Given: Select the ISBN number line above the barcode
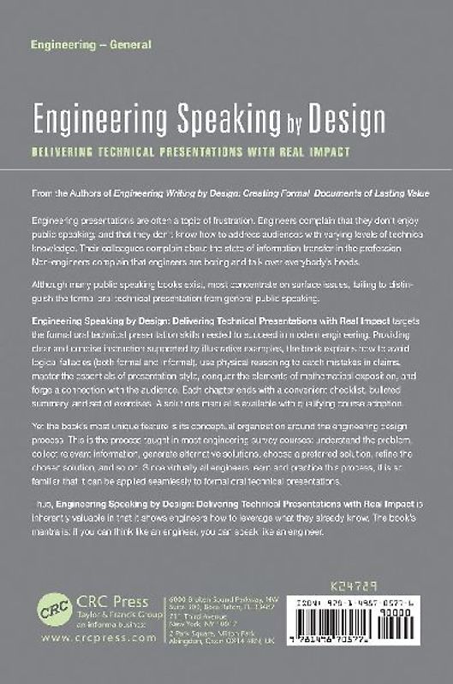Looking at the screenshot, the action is pos(381,602).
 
